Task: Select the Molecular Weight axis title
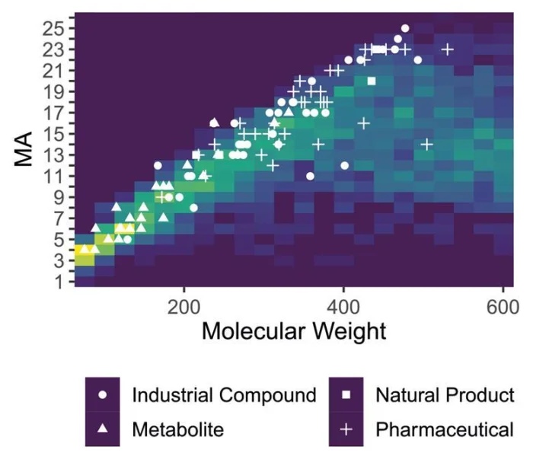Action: (x=294, y=332)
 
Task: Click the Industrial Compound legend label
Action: (x=224, y=396)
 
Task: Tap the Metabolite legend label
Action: (x=178, y=429)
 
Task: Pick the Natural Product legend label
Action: (x=445, y=396)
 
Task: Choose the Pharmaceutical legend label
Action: (x=445, y=429)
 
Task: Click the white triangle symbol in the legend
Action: (x=103, y=429)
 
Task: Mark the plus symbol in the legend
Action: (x=346, y=429)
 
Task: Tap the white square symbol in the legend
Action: (x=346, y=396)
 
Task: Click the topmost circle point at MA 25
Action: (x=405, y=28)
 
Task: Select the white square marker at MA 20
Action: (x=372, y=81)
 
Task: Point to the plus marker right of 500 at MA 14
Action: (x=427, y=144)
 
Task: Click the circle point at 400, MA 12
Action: (x=345, y=165)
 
